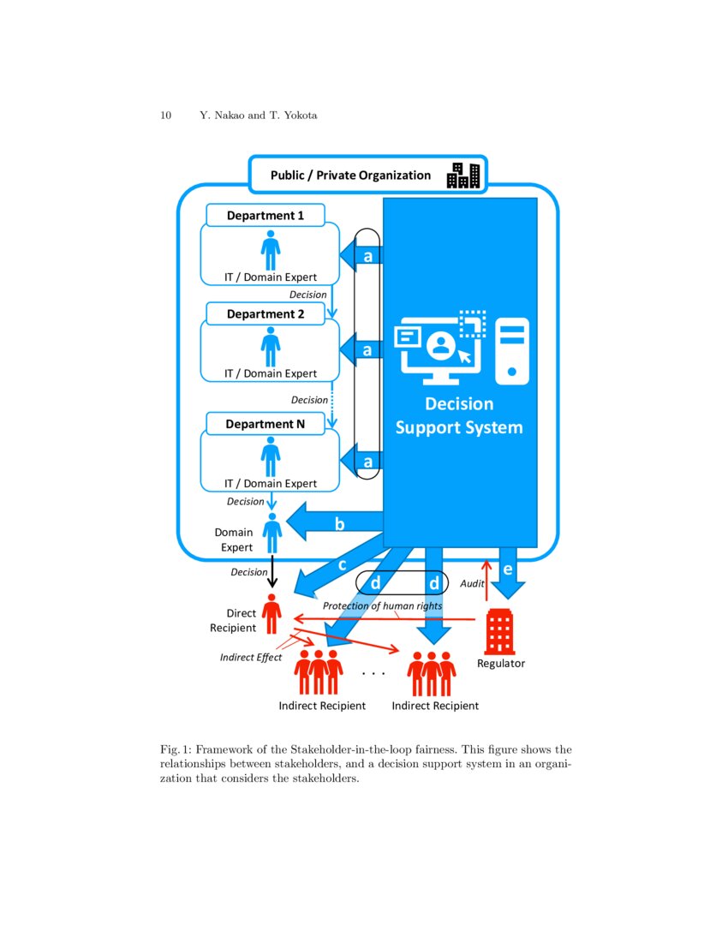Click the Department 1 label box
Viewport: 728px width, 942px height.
point(265,216)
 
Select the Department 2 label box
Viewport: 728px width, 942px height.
point(265,314)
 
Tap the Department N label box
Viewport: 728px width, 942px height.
point(265,424)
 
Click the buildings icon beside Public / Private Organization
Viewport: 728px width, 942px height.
point(463,175)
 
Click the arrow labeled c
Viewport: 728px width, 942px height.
point(334,569)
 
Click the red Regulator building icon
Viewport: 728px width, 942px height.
point(499,632)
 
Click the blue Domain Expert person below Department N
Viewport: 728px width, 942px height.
point(272,534)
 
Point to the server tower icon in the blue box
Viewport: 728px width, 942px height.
point(512,350)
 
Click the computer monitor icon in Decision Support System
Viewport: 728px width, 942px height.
point(437,347)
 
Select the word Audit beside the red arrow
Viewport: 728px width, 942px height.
point(473,583)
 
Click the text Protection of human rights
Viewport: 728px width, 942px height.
point(382,606)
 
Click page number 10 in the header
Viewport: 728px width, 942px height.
point(166,116)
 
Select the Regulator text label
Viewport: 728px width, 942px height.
point(501,664)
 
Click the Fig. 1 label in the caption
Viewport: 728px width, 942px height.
point(176,749)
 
